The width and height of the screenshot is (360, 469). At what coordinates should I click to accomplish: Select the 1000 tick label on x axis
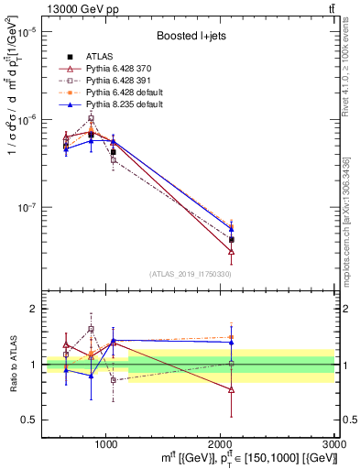106,443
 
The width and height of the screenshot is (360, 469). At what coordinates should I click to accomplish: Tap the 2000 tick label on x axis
220,443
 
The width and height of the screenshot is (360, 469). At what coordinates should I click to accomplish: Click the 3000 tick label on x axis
333,443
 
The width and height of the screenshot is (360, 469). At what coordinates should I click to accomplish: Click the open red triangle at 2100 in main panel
231,250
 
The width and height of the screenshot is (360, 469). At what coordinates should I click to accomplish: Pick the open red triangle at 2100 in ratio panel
231,389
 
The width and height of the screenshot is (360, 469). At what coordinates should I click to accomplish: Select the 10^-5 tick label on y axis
25,32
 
